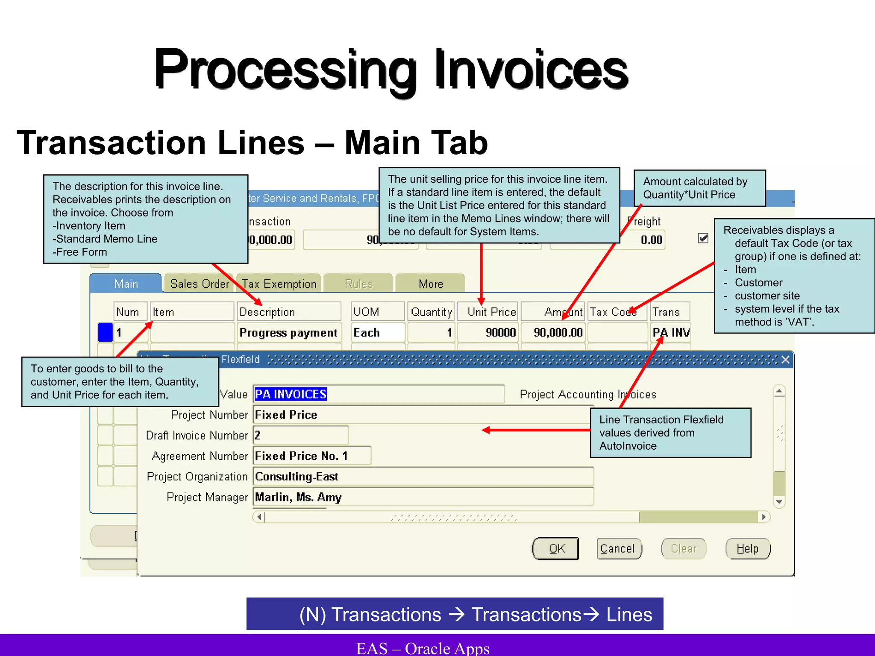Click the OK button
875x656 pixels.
[555, 549]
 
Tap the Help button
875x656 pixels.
[748, 549]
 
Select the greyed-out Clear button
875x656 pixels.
[683, 549]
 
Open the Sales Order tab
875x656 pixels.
[199, 284]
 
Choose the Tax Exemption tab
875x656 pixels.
[279, 284]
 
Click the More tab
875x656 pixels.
[430, 284]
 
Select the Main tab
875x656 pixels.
[126, 284]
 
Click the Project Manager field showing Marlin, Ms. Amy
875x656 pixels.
[423, 497]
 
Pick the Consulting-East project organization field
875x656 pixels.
[423, 477]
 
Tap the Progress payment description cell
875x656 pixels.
[289, 333]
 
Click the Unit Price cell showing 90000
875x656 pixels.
[488, 333]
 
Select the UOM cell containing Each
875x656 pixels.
[377, 333]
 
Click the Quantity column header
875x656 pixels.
[431, 312]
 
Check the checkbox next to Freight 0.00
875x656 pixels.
[703, 238]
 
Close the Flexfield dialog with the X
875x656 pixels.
[785, 360]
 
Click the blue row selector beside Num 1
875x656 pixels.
[105, 333]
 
